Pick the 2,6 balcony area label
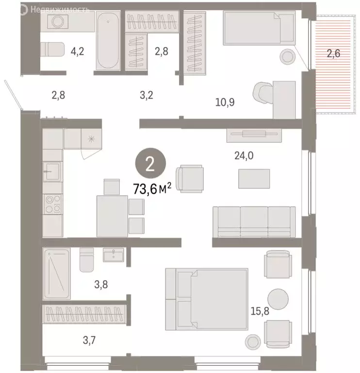tap(333, 54)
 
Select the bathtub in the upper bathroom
tap(107, 41)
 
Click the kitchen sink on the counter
tap(52, 171)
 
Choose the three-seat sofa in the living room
tap(254, 221)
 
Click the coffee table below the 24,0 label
tap(254, 178)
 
